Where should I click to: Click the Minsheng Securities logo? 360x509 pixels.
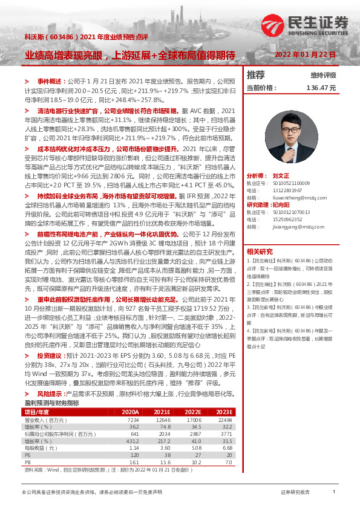(305, 25)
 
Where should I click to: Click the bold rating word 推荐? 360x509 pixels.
(256, 75)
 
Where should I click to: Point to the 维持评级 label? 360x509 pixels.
(323, 76)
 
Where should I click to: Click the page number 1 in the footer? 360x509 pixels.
(334, 493)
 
